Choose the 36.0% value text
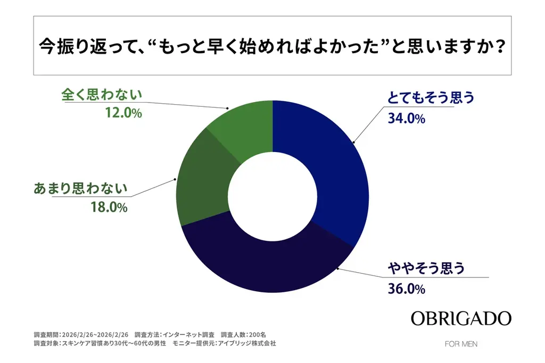[x=407, y=289]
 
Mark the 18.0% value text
[x=109, y=208]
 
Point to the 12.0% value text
[x=123, y=113]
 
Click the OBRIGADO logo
[x=461, y=318]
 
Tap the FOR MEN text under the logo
[x=461, y=344]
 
